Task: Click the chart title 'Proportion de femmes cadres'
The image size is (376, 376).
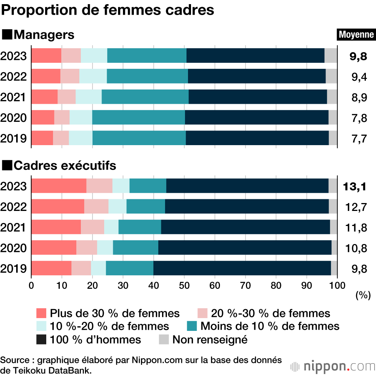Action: pos(108,10)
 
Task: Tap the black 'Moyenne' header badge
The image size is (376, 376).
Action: pos(356,35)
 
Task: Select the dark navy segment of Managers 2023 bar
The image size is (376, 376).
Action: pos(255,56)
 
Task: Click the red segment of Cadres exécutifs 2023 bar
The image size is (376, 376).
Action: pos(59,186)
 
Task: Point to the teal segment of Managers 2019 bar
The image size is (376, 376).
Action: pos(139,138)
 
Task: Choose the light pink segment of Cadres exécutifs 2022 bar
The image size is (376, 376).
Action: pos(96,206)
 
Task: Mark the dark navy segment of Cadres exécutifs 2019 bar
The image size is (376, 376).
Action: pos(242,268)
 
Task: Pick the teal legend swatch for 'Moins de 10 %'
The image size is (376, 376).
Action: pos(192,326)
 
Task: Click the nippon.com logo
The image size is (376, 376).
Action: pos(333,366)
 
